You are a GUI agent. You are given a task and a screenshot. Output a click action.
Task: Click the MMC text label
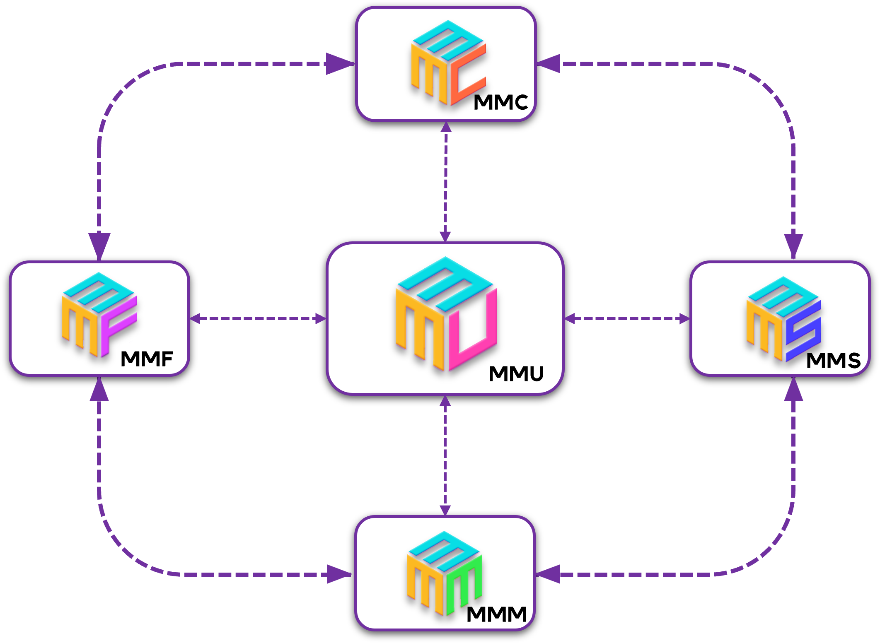tap(500, 102)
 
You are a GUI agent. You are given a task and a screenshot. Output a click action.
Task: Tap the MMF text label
tap(147, 359)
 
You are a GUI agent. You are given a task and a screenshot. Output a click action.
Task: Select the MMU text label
tap(516, 373)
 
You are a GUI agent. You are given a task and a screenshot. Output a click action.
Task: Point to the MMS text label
tap(833, 360)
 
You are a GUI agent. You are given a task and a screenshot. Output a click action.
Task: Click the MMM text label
tap(496, 614)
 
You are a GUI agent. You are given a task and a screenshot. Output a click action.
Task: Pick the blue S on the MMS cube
tap(803, 331)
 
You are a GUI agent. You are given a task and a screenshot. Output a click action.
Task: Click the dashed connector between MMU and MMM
tap(445, 455)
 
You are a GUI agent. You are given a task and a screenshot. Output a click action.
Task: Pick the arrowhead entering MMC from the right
tap(549, 64)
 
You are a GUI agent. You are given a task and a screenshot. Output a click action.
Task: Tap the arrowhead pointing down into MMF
tap(99, 246)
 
